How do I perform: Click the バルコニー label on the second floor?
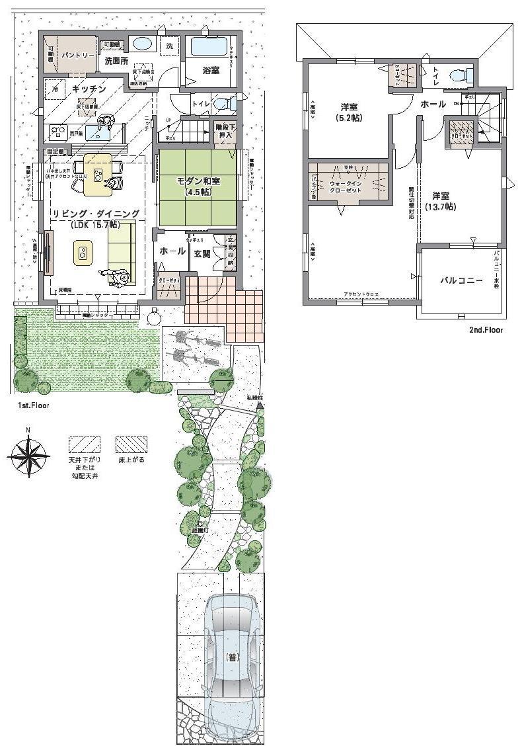point(462,280)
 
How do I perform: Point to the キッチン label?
point(89,88)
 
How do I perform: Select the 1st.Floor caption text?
point(33,404)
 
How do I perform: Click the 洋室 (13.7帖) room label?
point(441,201)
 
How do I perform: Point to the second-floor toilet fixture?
point(458,75)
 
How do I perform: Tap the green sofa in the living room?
point(122,248)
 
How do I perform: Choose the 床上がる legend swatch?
point(131,443)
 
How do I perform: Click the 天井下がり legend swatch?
point(85,443)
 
